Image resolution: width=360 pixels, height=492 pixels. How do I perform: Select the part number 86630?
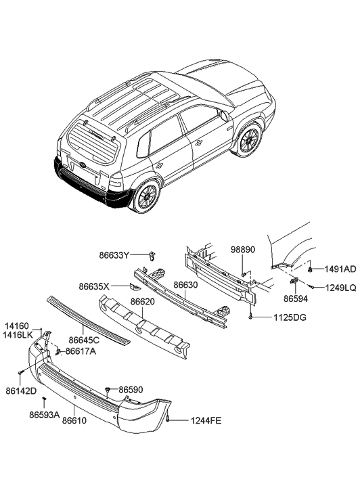click(187, 286)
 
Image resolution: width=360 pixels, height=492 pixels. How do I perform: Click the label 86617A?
click(81, 351)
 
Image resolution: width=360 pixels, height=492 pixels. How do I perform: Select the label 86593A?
click(44, 413)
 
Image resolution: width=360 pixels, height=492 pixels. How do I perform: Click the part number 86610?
click(75, 420)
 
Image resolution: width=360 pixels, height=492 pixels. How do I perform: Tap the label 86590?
click(131, 390)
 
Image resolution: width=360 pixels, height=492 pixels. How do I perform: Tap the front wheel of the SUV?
click(248, 140)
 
